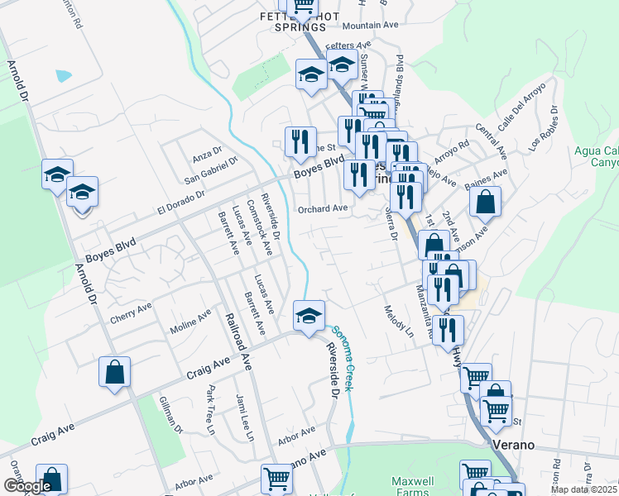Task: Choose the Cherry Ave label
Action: tap(131, 313)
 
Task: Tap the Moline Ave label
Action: tap(190, 319)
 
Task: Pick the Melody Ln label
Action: tap(398, 322)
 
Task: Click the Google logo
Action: tap(26, 485)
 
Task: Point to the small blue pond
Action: tap(64, 75)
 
